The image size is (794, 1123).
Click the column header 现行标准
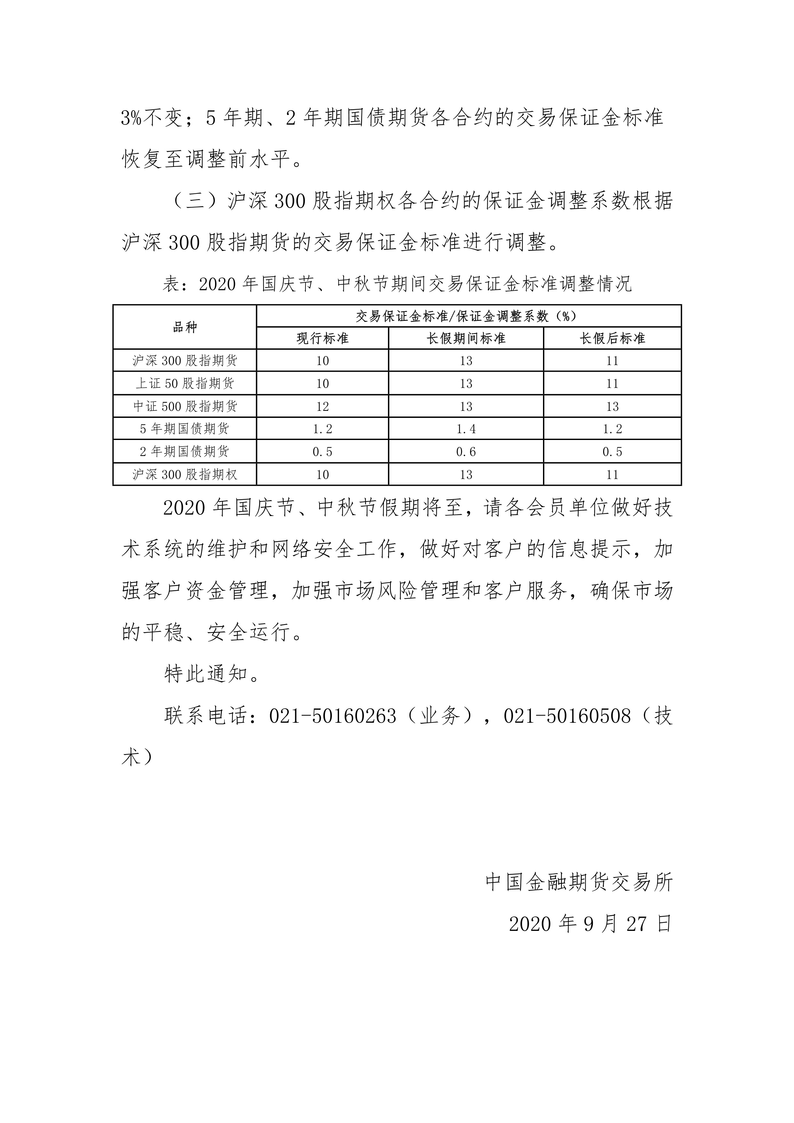[322, 338]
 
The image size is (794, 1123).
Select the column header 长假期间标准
[466, 338]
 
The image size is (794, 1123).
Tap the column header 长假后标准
[612, 338]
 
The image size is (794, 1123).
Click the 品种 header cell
[185, 327]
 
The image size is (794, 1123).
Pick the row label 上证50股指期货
[185, 384]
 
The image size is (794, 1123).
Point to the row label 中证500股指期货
[185, 406]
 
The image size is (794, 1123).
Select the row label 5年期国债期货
[185, 429]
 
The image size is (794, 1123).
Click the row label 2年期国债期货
[185, 452]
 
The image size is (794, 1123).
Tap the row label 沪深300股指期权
[185, 475]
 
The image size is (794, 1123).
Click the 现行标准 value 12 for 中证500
[322, 406]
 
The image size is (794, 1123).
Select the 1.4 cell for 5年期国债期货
[466, 429]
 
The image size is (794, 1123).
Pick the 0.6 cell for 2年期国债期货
[466, 452]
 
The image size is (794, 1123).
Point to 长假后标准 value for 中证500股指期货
[612, 406]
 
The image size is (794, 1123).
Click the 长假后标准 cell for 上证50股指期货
[612, 384]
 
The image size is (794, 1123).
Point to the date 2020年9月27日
[591, 924]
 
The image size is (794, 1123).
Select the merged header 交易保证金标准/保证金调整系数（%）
[468, 316]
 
